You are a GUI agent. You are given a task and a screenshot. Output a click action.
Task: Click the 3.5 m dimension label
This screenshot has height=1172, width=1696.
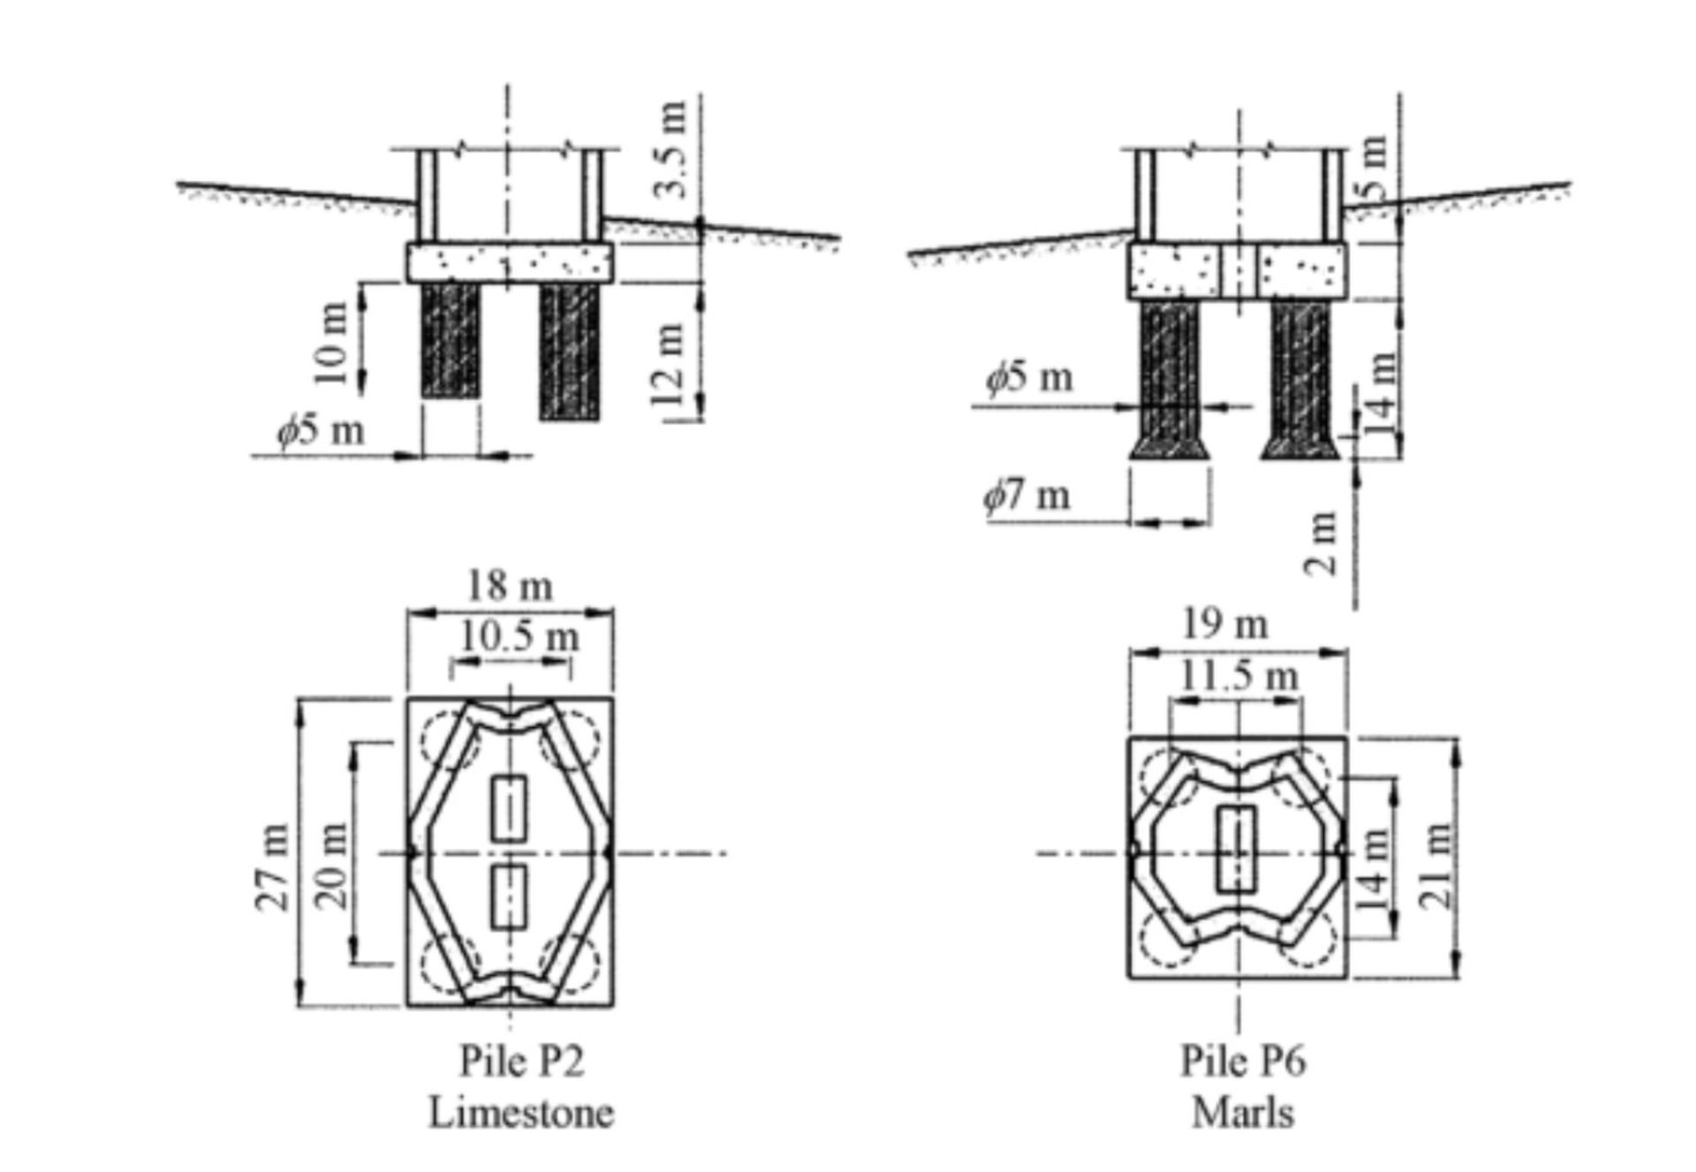pyautogui.click(x=673, y=150)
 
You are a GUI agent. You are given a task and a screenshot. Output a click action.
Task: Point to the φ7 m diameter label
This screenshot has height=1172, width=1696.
pyautogui.click(x=1027, y=495)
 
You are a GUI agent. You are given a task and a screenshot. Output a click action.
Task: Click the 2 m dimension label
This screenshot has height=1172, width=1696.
pyautogui.click(x=1321, y=543)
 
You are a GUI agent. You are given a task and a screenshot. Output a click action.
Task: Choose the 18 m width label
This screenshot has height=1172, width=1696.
pyautogui.click(x=510, y=586)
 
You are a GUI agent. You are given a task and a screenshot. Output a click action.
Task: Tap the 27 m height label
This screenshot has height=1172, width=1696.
pyautogui.click(x=273, y=866)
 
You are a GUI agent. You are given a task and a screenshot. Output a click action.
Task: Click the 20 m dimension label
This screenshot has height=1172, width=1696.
pyautogui.click(x=333, y=866)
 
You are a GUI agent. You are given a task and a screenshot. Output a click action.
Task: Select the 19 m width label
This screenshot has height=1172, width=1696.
pyautogui.click(x=1225, y=625)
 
